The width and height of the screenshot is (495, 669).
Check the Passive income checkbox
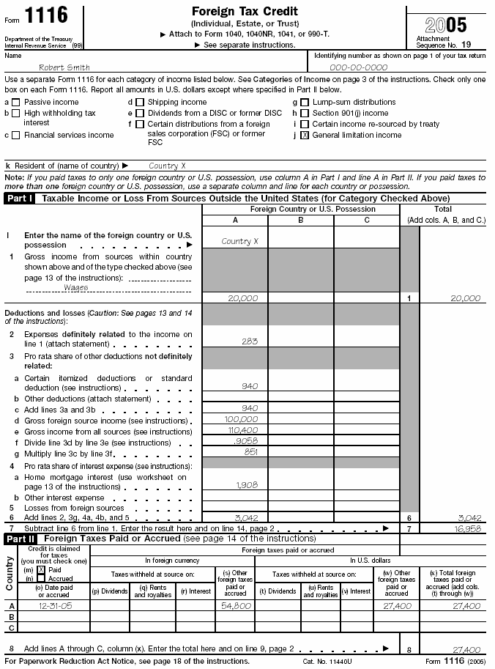click(x=16, y=103)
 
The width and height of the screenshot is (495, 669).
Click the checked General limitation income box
click(x=305, y=136)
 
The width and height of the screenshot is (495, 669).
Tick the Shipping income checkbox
click(x=140, y=103)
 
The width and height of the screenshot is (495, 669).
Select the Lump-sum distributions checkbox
click(x=305, y=103)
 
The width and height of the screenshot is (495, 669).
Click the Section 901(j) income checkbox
click(x=305, y=114)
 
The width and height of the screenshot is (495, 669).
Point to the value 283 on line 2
click(x=249, y=341)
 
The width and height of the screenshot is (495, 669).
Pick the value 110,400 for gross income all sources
click(x=243, y=431)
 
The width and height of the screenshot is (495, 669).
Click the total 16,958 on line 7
click(x=466, y=527)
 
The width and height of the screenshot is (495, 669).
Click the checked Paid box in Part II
click(x=41, y=569)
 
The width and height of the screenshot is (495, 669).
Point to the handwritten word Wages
click(x=76, y=287)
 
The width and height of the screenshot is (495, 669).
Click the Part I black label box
click(x=20, y=199)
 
